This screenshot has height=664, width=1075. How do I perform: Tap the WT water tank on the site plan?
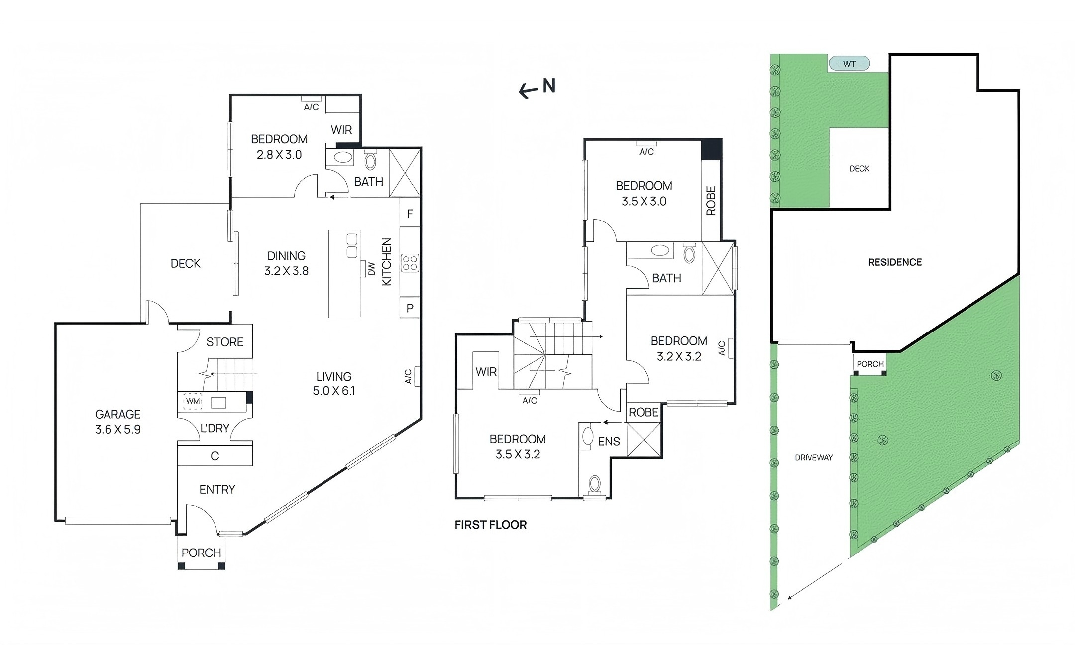pyautogui.click(x=849, y=64)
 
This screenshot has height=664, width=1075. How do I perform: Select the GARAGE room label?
pyautogui.click(x=117, y=414)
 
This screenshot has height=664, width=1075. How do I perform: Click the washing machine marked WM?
pyautogui.click(x=193, y=401)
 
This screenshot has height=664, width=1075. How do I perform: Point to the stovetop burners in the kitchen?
pyautogui.click(x=410, y=263)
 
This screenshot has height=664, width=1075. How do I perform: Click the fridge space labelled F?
pyautogui.click(x=410, y=214)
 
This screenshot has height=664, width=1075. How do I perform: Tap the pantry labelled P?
pyautogui.click(x=410, y=308)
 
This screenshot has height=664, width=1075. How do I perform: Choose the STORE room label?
pyautogui.click(x=224, y=342)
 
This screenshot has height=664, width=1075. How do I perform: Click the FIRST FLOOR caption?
pyautogui.click(x=491, y=525)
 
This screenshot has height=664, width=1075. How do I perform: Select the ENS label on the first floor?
pyautogui.click(x=609, y=442)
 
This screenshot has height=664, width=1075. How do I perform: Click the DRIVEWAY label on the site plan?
pyautogui.click(x=814, y=458)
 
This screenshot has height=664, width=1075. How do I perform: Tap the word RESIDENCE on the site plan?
pyautogui.click(x=895, y=262)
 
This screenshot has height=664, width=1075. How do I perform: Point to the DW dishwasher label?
pyautogui.click(x=371, y=269)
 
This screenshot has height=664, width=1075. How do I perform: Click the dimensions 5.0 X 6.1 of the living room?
pyautogui.click(x=333, y=391)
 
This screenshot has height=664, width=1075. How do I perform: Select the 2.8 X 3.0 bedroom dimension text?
pyautogui.click(x=279, y=155)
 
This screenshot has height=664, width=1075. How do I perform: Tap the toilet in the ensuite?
pyautogui.click(x=595, y=485)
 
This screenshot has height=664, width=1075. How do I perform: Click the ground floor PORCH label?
pyautogui.click(x=201, y=553)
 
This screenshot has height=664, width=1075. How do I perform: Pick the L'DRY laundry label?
pyautogui.click(x=215, y=428)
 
